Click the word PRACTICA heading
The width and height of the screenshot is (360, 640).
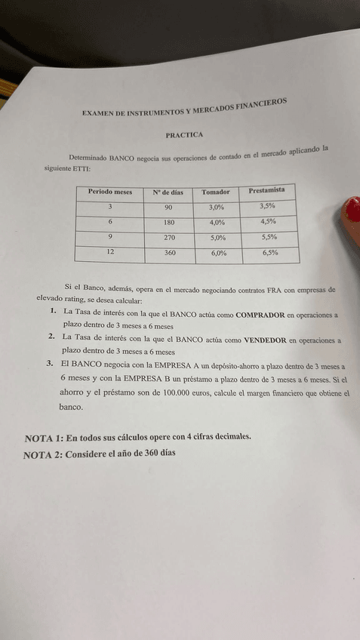tap(185, 135)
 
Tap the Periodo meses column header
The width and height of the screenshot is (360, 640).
tap(110, 192)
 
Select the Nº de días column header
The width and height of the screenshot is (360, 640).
tap(168, 192)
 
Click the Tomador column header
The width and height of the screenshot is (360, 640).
tap(216, 192)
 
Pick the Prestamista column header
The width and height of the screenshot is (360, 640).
tap(266, 190)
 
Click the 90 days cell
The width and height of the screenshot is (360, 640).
tap(168, 208)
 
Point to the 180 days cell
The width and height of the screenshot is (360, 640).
tap(169, 223)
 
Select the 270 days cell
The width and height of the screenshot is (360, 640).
tap(170, 238)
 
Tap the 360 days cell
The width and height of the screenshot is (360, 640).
tap(170, 254)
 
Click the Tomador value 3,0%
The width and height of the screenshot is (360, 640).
tap(217, 207)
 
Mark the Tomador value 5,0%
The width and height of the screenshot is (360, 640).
tap(218, 238)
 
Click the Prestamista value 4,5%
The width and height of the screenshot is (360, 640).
tap(268, 221)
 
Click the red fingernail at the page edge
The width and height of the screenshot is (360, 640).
tap(352, 214)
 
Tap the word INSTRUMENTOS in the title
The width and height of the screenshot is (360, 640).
tap(155, 110)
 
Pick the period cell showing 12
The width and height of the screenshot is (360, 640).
tap(111, 251)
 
